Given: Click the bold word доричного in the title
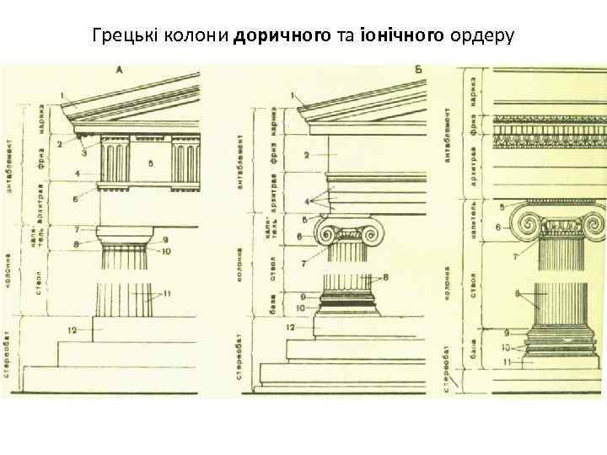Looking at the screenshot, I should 277,37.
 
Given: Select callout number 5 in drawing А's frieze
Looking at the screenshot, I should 149,162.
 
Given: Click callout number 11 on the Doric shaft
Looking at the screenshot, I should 168,292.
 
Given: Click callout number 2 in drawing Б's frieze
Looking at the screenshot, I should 307,155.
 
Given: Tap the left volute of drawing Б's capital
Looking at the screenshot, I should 325,233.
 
